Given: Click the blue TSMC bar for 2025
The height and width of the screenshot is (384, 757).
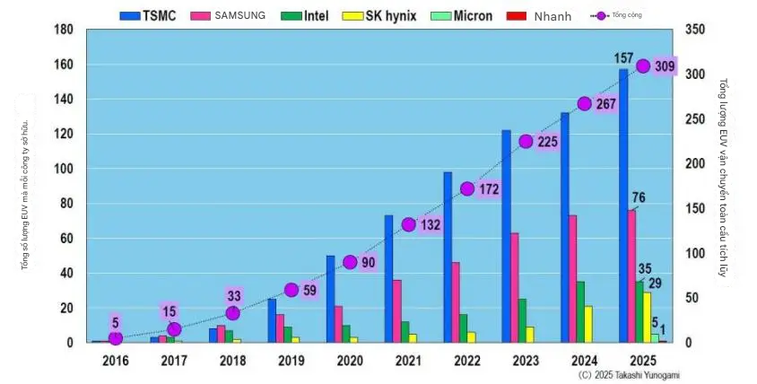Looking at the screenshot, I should point(623,205).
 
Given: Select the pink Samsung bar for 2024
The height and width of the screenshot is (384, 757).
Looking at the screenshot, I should point(572,278).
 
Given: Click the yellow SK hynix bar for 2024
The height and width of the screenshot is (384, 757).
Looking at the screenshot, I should point(588,324).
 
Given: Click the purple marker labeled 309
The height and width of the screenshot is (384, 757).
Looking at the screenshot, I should point(643,66).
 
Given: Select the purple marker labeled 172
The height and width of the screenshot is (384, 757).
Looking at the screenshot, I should point(467,189).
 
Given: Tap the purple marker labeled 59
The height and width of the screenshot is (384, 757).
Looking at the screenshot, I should point(291,290).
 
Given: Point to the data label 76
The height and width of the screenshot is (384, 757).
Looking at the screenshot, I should point(639,198).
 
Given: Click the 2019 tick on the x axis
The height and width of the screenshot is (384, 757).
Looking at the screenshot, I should point(291,361).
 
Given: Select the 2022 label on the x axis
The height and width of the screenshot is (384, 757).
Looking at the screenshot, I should point(467,361).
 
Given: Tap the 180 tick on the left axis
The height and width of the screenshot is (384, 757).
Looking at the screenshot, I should point(62,30).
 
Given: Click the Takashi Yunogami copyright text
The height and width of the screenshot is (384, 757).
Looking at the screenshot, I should point(629,374).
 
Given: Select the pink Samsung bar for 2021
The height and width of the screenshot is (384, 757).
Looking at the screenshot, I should point(396,310).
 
